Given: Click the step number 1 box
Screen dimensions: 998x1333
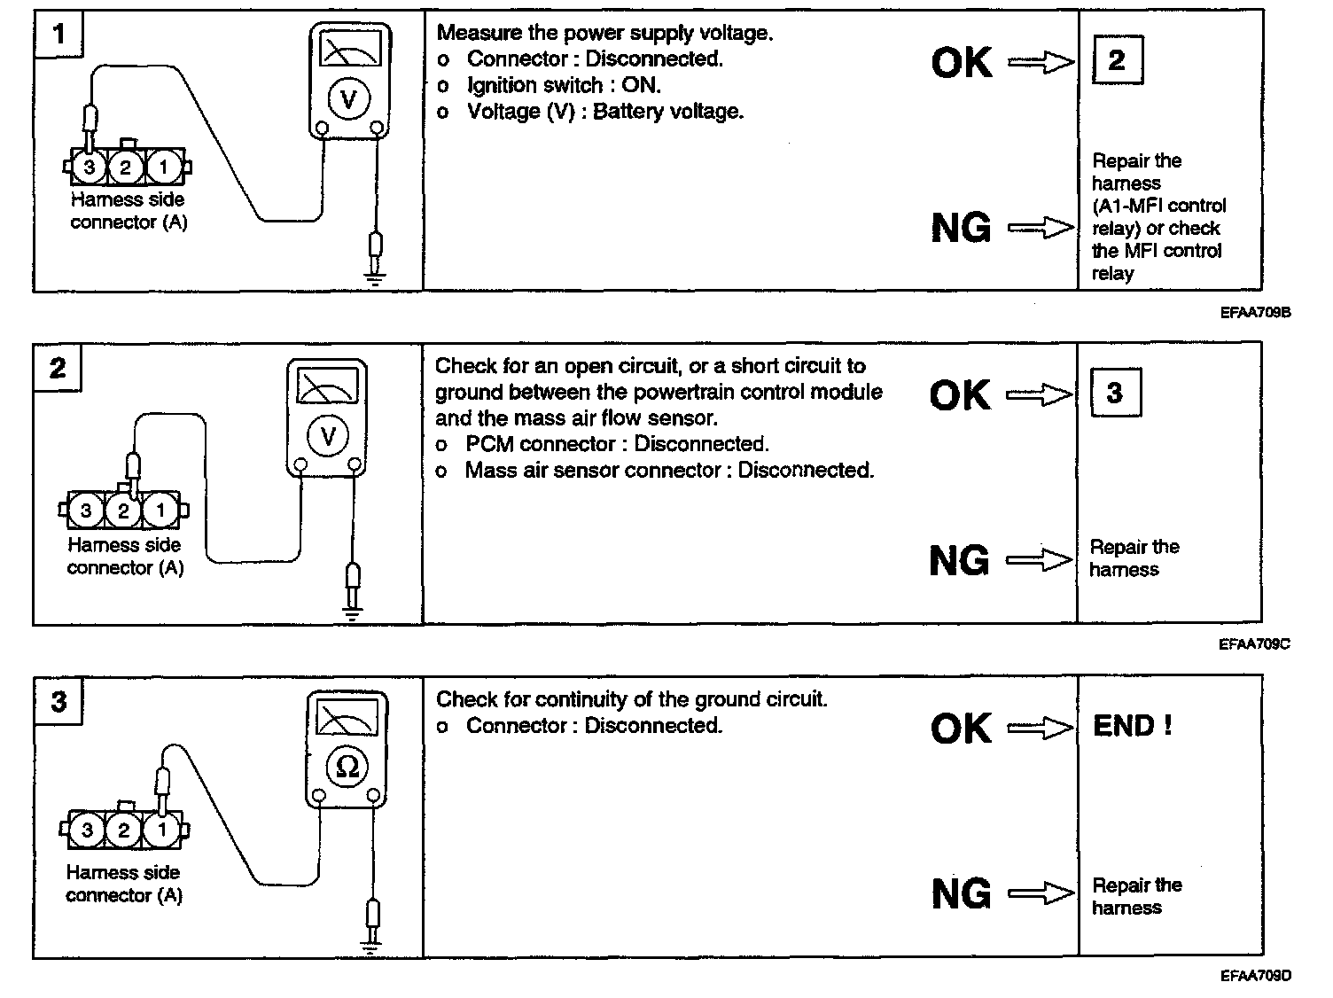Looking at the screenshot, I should point(58,35).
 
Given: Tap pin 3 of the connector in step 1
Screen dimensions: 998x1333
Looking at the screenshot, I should point(89,167).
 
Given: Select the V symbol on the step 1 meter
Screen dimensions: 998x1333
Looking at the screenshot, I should point(347,99).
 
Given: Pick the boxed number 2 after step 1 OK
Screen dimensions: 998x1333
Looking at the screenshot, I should point(1117,60).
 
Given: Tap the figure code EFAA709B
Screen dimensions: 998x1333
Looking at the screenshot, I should point(1254,312).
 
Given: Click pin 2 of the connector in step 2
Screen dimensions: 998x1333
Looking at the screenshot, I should point(123,511).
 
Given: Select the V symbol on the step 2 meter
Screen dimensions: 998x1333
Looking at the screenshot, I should point(328,435).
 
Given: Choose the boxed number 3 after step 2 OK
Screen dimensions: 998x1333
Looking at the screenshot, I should point(1115,393).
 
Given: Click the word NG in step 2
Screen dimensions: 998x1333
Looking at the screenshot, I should point(959,561).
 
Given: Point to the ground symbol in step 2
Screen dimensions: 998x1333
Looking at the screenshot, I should point(353,613).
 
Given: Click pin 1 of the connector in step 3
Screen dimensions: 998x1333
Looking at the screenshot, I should point(160,830).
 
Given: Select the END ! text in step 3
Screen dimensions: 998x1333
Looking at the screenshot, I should point(1133,727).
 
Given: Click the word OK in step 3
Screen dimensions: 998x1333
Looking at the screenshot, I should point(962,729).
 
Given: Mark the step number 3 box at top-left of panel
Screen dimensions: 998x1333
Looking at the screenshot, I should point(58,703).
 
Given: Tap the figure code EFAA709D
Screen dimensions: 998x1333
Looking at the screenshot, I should point(1255,977).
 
